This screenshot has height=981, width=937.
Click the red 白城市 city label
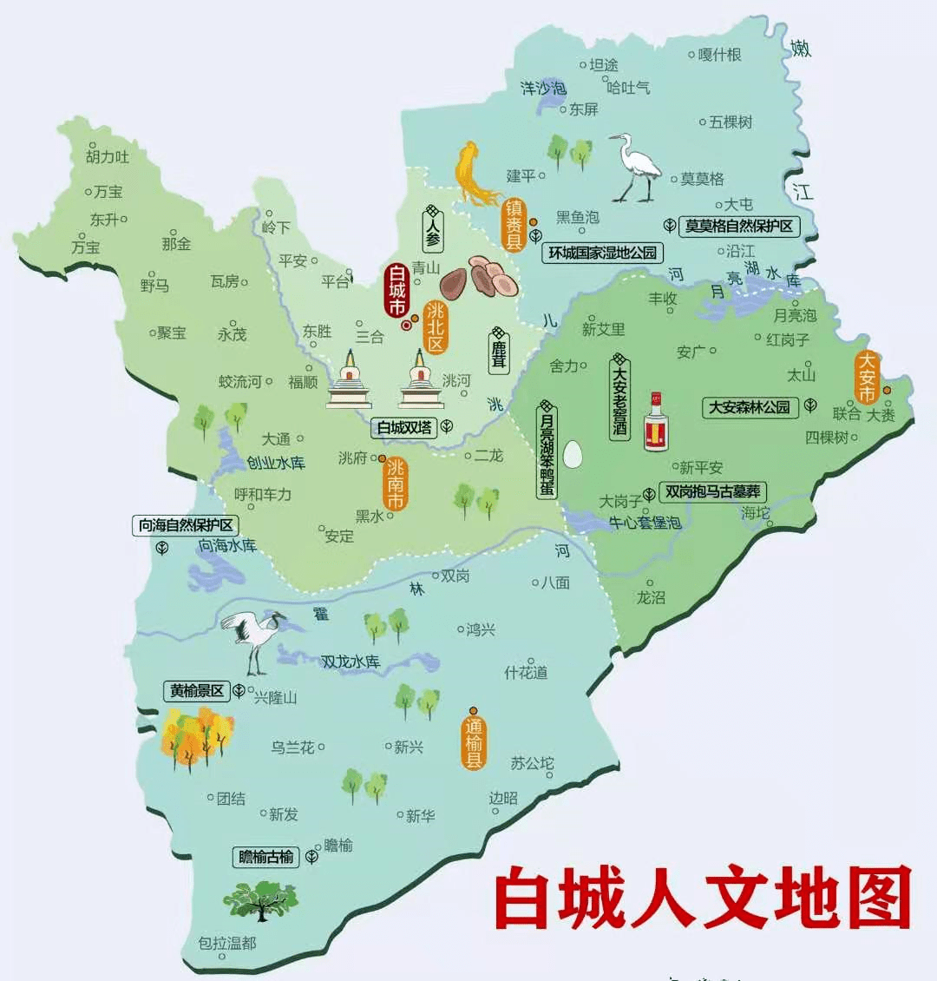[396, 290]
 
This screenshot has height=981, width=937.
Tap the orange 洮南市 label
[396, 484]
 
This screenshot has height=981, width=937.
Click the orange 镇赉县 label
[514, 225]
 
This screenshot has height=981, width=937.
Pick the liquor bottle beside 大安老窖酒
[657, 422]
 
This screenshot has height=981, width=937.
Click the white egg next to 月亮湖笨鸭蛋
[572, 453]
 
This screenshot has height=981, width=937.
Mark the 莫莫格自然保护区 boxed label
[738, 226]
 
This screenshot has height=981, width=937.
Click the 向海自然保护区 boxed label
[186, 525]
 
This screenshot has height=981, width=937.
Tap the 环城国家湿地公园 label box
[602, 253]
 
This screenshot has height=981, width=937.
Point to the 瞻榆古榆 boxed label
[266, 857]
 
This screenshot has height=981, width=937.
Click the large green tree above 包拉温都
[260, 899]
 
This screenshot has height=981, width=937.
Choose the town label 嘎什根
[720, 55]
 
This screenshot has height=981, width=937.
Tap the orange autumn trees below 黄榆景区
[197, 739]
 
